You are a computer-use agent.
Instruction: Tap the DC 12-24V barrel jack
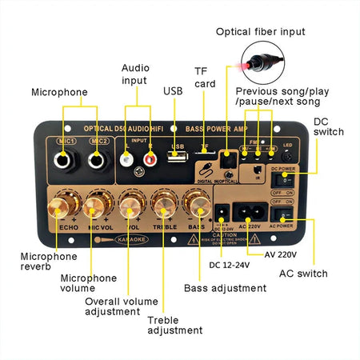point(222,212)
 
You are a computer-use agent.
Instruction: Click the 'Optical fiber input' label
point(260,31)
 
